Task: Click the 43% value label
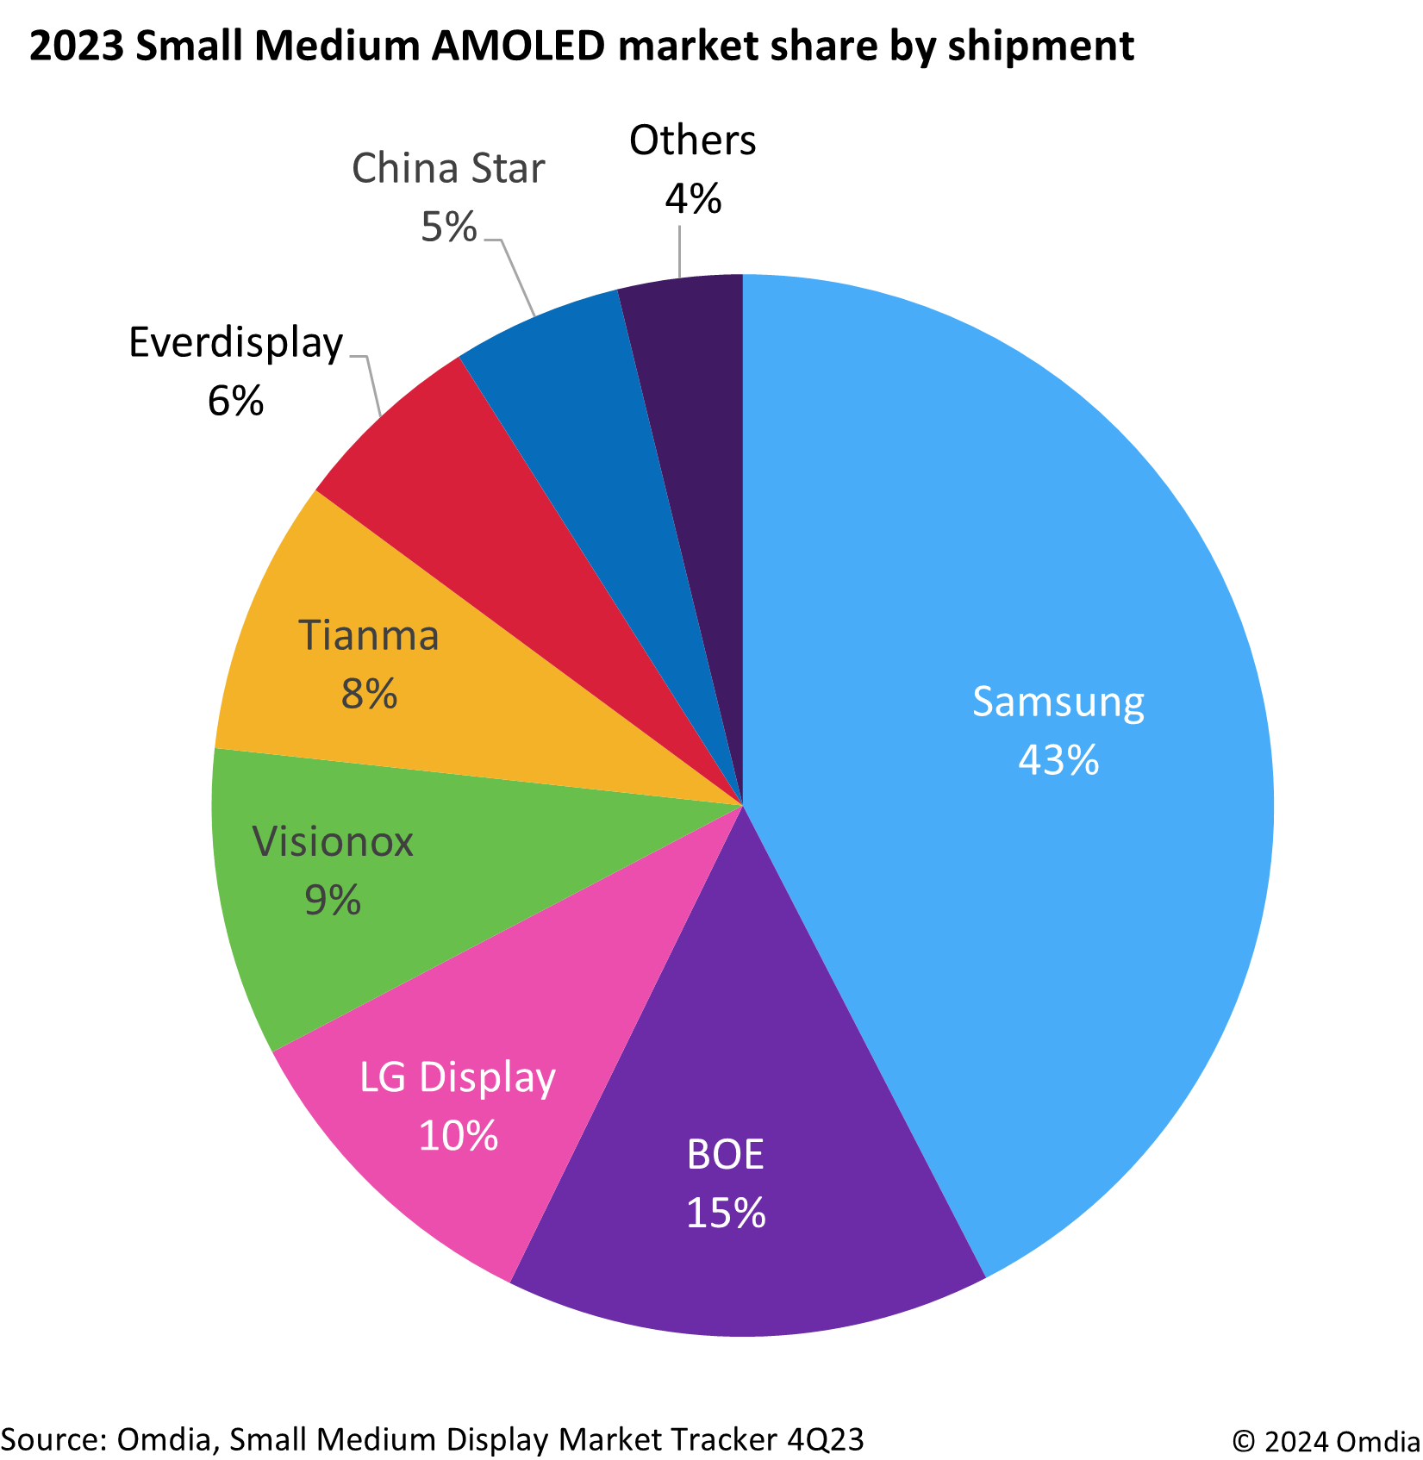1058,760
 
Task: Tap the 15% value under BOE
725,1213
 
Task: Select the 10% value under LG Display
458,1135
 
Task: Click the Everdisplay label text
235,343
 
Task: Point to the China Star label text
448,168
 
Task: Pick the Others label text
692,140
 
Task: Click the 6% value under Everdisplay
235,401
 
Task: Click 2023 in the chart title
77,46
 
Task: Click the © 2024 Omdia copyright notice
1326,1441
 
